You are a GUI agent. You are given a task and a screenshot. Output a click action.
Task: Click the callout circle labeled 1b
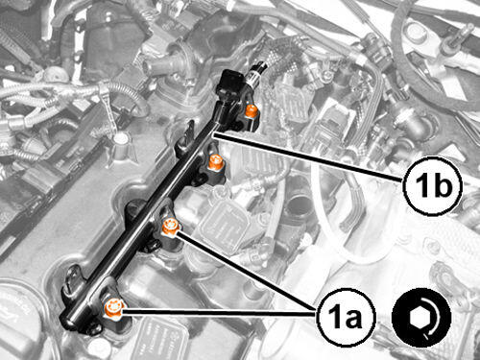pyautogui.click(x=433, y=186)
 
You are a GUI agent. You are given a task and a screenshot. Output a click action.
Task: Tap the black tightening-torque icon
pyautogui.click(x=421, y=318)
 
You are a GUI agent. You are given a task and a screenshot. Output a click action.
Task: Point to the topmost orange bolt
pyautogui.click(x=252, y=111)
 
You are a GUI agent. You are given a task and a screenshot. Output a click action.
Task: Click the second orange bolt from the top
pyautogui.click(x=215, y=162)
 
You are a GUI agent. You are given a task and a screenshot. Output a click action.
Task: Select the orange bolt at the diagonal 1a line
pyautogui.click(x=170, y=227)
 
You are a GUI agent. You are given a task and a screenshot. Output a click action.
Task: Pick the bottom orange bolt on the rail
pyautogui.click(x=113, y=308)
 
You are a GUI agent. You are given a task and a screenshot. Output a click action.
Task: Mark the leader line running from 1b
pyautogui.click(x=308, y=158)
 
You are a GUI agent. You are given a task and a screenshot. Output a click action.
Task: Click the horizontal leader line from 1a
pyautogui.click(x=219, y=312)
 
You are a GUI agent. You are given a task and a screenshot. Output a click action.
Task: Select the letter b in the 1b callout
pyautogui.click(x=444, y=185)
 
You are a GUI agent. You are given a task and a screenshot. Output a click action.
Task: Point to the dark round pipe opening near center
pyautogui.click(x=297, y=209)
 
